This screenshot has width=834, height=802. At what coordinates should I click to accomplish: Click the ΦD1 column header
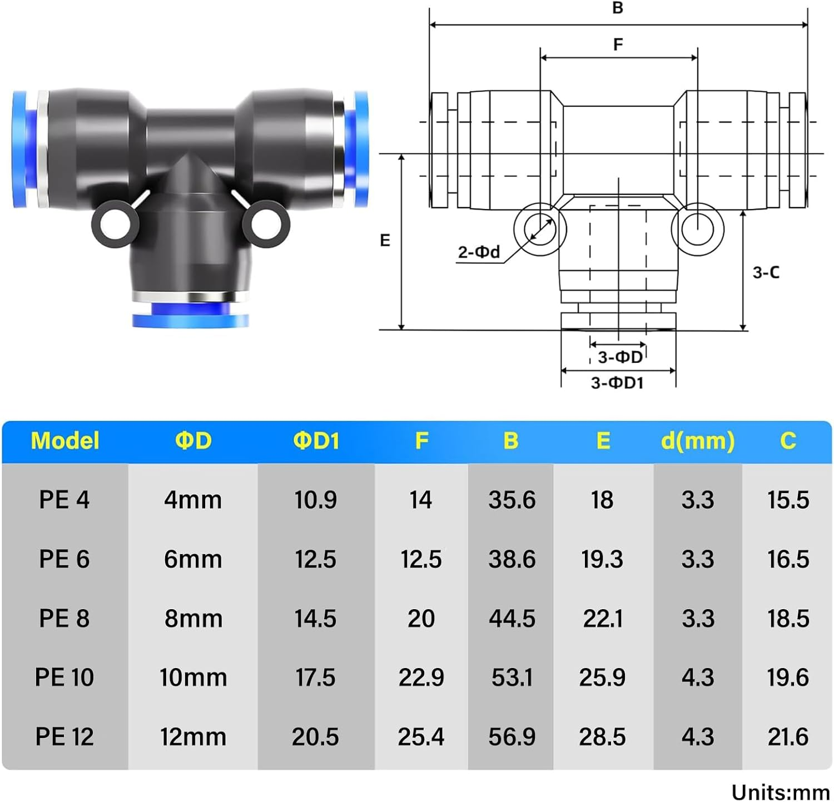pos(316,441)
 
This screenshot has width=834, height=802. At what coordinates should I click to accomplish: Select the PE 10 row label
pos(64,678)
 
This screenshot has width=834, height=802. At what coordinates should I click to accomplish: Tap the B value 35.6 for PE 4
pos(512,500)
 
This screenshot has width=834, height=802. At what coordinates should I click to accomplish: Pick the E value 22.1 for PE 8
pos(603,619)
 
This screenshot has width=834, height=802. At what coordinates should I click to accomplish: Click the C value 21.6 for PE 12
pos(788,737)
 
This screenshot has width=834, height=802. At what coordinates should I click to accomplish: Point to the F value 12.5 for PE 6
pos(421,559)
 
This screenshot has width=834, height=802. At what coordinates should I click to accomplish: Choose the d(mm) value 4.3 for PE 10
pos(698,678)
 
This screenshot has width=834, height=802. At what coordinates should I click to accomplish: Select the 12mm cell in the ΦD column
pos(193,737)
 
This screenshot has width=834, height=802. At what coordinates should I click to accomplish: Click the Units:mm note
pos(780,792)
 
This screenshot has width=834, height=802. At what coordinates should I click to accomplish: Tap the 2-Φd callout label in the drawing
pos(479,252)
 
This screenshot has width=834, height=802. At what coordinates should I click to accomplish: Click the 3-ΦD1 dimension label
pos(617,383)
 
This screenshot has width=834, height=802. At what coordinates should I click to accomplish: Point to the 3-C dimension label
pos(766,272)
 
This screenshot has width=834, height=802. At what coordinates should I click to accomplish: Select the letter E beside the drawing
pos(385,241)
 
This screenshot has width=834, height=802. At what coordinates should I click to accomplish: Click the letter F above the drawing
pos(618,44)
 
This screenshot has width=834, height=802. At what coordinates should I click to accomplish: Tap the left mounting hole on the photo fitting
pos(115,226)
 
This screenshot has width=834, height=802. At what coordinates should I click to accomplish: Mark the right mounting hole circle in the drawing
pos(698,228)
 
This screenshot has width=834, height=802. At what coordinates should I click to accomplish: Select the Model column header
pos(65,441)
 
